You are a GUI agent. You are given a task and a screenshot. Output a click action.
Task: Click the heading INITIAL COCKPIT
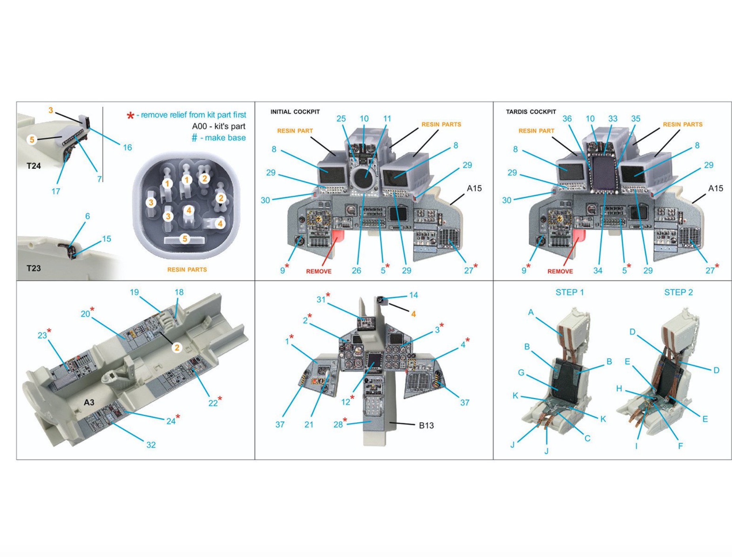(x=295, y=112)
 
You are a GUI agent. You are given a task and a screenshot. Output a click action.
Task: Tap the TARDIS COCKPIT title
(x=531, y=112)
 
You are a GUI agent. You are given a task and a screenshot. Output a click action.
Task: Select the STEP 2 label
(x=678, y=292)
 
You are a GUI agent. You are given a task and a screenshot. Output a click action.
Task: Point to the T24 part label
(x=34, y=166)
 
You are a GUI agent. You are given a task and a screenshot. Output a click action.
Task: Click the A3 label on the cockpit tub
(x=89, y=402)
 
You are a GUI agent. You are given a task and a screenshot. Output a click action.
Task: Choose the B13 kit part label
(x=426, y=425)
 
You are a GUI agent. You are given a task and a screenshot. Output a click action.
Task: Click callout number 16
(x=127, y=147)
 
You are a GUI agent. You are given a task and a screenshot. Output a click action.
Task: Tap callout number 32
(x=151, y=445)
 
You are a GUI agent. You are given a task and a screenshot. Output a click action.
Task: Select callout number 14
(x=413, y=295)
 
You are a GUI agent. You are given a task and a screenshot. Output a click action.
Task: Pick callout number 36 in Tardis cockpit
(x=567, y=118)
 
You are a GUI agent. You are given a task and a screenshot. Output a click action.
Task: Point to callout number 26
(x=356, y=271)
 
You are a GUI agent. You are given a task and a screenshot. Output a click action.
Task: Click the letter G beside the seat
(x=521, y=373)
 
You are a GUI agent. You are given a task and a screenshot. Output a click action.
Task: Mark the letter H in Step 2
(x=619, y=389)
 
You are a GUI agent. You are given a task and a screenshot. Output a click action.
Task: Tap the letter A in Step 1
(x=531, y=312)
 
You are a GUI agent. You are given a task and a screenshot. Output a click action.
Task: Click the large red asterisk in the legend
(x=130, y=116)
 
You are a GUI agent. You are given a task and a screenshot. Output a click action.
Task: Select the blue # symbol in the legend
(x=194, y=138)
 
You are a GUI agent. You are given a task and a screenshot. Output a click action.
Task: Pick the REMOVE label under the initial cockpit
(x=319, y=271)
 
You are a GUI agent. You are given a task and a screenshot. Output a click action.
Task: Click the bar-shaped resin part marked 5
(x=184, y=240)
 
